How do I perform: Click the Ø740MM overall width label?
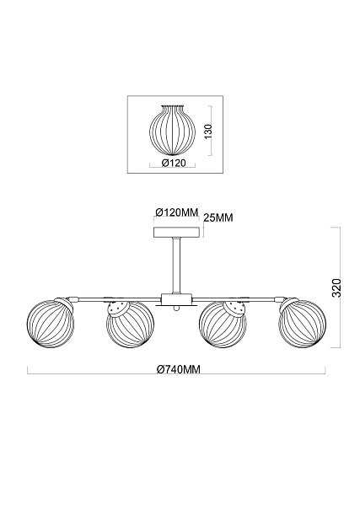tap(178, 369)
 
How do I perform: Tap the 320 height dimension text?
tap(336, 287)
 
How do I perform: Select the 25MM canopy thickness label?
tap(218, 217)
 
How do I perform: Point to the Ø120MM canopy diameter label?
tap(177, 212)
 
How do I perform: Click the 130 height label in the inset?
tap(209, 131)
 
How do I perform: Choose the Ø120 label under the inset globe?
tap(174, 163)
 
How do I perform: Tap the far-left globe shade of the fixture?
tap(51, 324)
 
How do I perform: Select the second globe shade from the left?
tap(130, 324)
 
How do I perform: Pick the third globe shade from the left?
tap(223, 324)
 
